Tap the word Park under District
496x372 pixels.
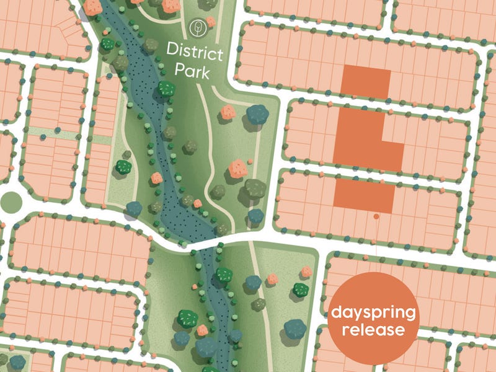coord(192,70)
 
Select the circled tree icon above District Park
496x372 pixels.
coord(198,28)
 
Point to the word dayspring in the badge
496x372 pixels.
coord(371,311)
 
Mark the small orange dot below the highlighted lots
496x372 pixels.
coord(376,216)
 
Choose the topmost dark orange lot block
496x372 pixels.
coord(366,81)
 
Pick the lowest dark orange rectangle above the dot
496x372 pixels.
coord(364,193)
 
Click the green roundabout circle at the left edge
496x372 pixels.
coord(10,201)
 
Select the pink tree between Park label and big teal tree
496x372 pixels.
coord(229,112)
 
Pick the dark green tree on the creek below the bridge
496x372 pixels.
coord(223,275)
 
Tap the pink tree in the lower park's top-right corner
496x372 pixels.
coord(306,272)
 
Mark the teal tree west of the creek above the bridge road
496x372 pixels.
coord(134,209)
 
